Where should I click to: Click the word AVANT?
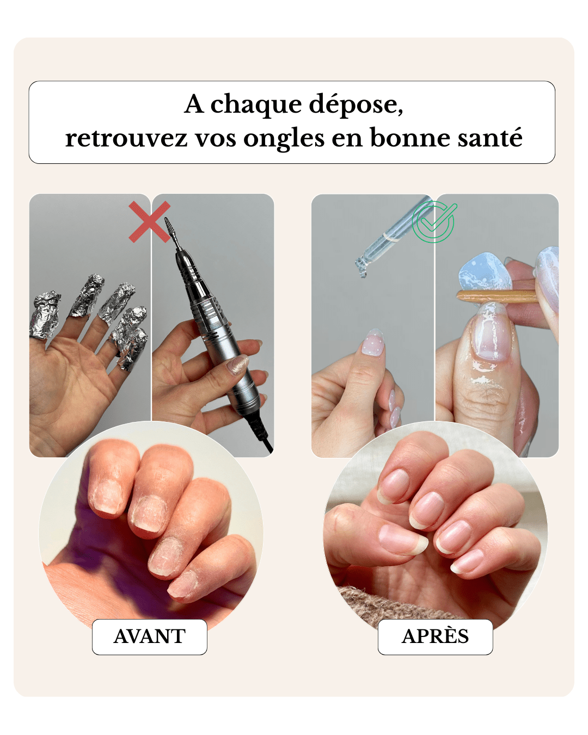pyautogui.click(x=149, y=636)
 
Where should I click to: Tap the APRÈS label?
pyautogui.click(x=435, y=636)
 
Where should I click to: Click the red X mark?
pyautogui.click(x=149, y=222)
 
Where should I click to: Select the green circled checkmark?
pyautogui.click(x=434, y=222)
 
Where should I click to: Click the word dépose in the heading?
pyautogui.click(x=356, y=105)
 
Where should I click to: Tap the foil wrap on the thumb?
pyautogui.click(x=45, y=314)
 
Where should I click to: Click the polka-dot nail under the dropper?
pyautogui.click(x=373, y=342)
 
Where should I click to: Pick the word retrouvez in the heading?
pyautogui.click(x=126, y=138)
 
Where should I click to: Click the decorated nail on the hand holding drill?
pyautogui.click(x=238, y=365)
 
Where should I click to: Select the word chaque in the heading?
pyautogui.click(x=256, y=105)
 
